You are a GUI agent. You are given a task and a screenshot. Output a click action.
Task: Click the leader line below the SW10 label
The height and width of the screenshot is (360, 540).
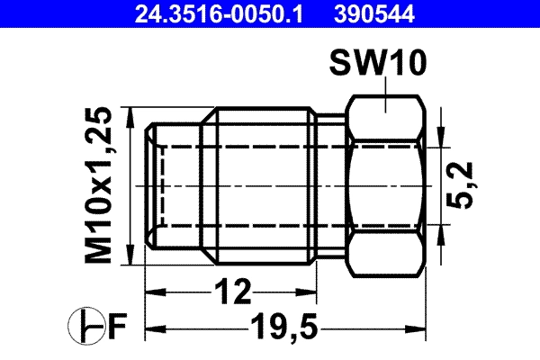tap(384, 96)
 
